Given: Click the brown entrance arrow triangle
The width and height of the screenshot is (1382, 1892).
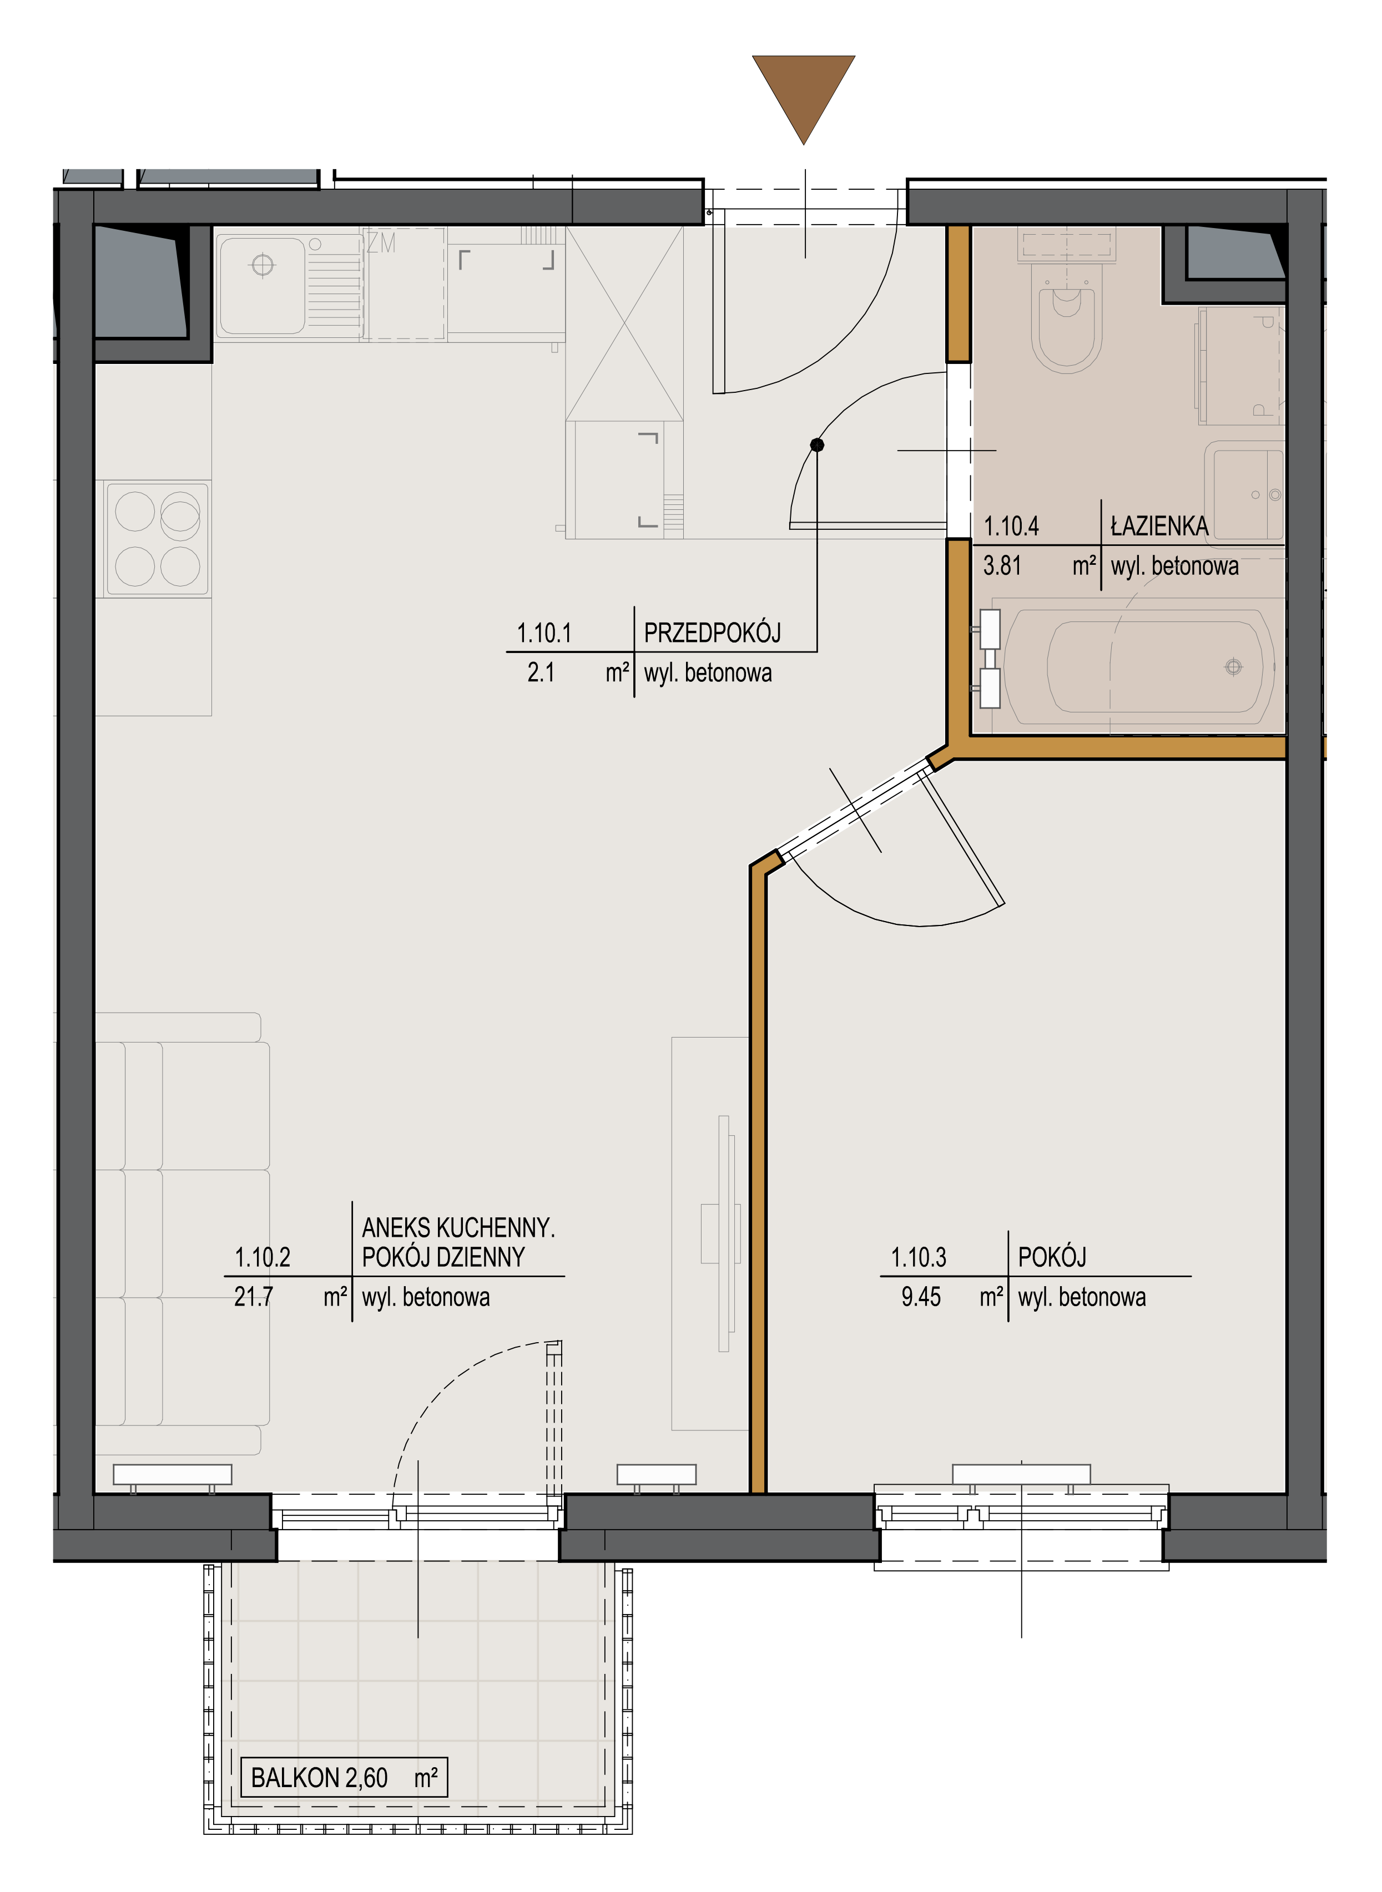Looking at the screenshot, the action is [803, 92].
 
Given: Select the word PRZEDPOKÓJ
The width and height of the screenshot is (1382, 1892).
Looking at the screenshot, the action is [712, 633].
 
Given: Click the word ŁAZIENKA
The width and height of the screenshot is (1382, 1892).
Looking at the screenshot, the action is [1159, 526].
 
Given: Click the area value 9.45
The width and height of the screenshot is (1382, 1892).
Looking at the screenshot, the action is [920, 1297].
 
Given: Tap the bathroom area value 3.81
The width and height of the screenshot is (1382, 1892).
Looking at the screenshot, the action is [1002, 566].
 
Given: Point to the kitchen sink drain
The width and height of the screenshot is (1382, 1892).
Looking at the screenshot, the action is [263, 265].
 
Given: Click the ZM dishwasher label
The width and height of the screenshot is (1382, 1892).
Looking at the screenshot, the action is [381, 243].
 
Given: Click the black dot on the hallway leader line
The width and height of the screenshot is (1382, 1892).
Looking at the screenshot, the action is [818, 445].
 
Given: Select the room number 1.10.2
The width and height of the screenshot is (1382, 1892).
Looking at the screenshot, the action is [262, 1257].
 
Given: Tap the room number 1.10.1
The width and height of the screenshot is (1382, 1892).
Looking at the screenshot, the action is [544, 633].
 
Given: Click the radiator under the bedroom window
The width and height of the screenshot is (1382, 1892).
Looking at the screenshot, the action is [1021, 1474].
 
